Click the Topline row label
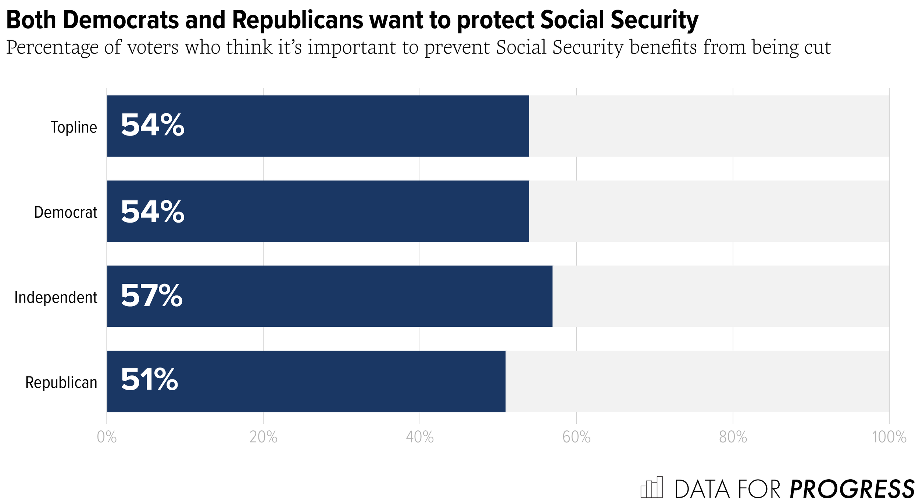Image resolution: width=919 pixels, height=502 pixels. [74, 127]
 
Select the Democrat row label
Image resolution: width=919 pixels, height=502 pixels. [65, 212]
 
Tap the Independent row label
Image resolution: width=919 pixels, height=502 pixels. [56, 297]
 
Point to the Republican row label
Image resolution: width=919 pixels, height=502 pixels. [61, 382]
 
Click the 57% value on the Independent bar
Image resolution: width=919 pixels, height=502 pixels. [151, 296]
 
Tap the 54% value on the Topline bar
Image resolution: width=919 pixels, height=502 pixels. [152, 125]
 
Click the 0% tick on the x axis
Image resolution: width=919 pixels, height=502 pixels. [107, 437]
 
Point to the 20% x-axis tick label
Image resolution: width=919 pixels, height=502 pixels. [263, 437]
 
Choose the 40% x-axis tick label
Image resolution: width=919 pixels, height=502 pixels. [420, 437]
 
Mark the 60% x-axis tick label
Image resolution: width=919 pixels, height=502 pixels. [576, 437]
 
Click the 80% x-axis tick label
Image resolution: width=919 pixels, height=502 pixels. [733, 437]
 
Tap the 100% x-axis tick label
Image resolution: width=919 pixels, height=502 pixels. [889, 437]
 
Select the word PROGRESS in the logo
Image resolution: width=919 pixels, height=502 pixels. [852, 489]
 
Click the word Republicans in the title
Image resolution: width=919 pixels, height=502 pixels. [298, 20]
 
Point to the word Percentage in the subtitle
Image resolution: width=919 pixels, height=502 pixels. [52, 48]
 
